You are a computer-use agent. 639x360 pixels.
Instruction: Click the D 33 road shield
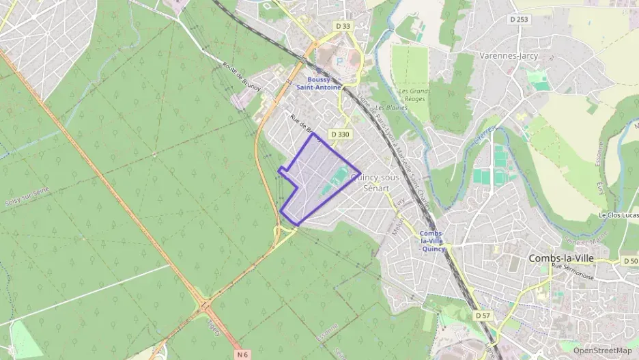pyautogui.click(x=343, y=26)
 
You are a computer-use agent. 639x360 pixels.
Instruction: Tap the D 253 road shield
pyautogui.click(x=520, y=20)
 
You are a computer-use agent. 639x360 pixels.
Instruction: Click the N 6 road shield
pyautogui.click(x=242, y=354)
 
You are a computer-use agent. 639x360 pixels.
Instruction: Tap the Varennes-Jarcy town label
pyautogui.click(x=509, y=56)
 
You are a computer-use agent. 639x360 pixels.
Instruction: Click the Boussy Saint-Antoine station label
pyautogui.click(x=318, y=83)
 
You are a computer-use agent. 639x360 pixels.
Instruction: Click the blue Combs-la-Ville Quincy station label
pyautogui.click(x=434, y=241)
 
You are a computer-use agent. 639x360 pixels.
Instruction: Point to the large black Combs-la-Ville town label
pyautogui.click(x=561, y=259)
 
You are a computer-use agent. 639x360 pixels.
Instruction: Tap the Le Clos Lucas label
pyautogui.click(x=619, y=215)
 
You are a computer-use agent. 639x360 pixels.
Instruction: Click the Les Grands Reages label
pyautogui.click(x=414, y=95)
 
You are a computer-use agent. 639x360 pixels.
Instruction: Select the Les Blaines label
pyautogui.click(x=386, y=109)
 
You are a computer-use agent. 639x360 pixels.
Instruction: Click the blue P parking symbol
pyautogui.click(x=339, y=61)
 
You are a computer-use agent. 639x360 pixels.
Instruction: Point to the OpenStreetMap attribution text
pyautogui.click(x=603, y=350)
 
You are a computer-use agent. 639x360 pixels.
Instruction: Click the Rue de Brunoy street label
pyautogui.click(x=304, y=124)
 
